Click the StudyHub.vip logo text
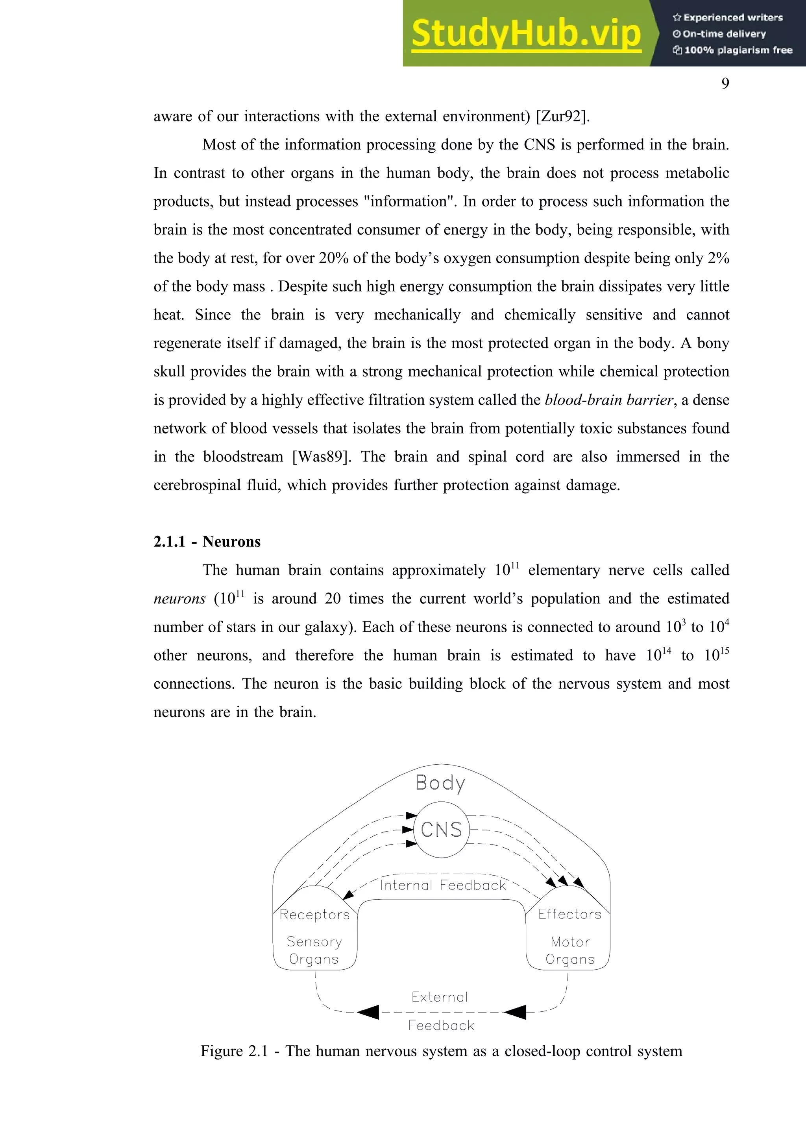[526, 34]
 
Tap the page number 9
[725, 83]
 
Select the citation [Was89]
[321, 457]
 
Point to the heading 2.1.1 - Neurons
[207, 542]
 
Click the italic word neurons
[179, 599]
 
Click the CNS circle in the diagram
[441, 830]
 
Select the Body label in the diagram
[440, 783]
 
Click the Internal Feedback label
[442, 885]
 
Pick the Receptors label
[314, 915]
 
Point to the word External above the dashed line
[440, 997]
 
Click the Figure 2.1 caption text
[441, 1051]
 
